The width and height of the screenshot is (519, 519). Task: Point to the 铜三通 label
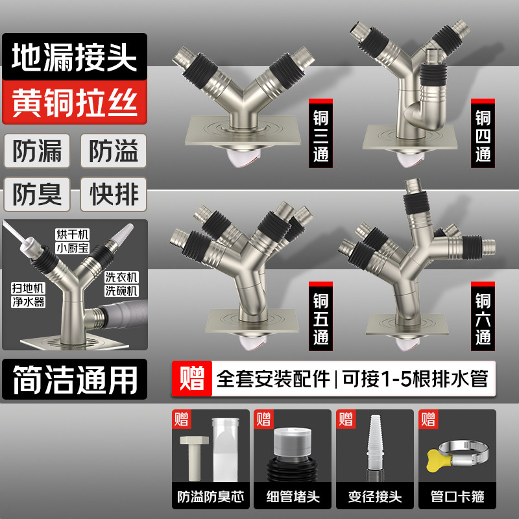pos(320,136)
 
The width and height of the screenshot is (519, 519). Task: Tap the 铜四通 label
pos(482,136)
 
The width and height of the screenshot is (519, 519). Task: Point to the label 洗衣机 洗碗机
pos(122,282)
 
